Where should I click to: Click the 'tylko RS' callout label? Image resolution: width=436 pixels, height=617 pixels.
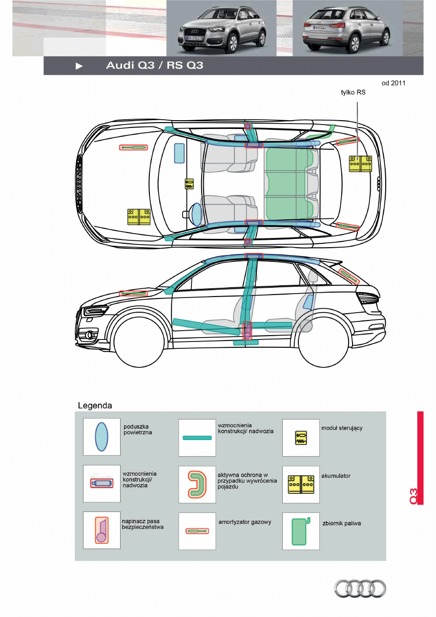click(353, 92)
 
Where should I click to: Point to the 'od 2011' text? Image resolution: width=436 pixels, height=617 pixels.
click(394, 83)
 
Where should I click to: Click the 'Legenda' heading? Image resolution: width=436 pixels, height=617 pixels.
click(95, 405)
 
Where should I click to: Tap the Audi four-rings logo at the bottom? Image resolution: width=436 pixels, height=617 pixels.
click(360, 589)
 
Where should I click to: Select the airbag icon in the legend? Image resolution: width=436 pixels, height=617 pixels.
click(102, 437)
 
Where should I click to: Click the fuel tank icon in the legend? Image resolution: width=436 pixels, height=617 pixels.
click(299, 532)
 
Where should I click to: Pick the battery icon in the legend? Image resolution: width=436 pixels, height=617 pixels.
click(301, 484)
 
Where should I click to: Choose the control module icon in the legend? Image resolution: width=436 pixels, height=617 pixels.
click(301, 437)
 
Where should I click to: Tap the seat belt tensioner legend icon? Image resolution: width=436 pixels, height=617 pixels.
click(102, 531)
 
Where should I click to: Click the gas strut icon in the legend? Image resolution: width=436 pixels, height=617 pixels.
click(197, 531)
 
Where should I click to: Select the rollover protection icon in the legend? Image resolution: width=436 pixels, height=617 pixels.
click(197, 484)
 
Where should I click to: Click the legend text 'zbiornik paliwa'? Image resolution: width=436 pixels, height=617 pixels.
click(342, 523)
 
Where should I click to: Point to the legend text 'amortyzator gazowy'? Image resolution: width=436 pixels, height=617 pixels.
click(245, 522)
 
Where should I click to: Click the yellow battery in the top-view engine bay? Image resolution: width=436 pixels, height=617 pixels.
click(139, 216)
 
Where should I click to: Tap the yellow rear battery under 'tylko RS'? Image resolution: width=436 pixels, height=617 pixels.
click(360, 164)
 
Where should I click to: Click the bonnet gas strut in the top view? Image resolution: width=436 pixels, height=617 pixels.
click(133, 148)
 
